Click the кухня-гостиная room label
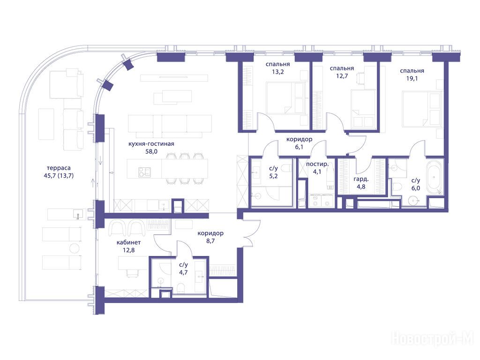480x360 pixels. (x=151, y=144)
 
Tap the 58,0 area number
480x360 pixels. (x=151, y=151)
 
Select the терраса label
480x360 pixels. (x=59, y=168)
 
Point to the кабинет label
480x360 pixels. (x=128, y=242)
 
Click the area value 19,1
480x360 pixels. (x=412, y=78)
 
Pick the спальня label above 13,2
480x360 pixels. (x=277, y=64)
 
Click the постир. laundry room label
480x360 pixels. (x=317, y=165)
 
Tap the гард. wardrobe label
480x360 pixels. (x=361, y=180)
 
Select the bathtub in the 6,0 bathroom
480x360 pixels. (x=435, y=177)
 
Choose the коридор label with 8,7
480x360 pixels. (x=210, y=233)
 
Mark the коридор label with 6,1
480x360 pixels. (x=299, y=139)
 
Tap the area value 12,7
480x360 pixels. (x=342, y=76)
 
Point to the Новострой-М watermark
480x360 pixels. (x=432, y=339)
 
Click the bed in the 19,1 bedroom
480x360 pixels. (x=421, y=109)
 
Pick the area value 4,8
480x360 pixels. (x=361, y=187)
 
